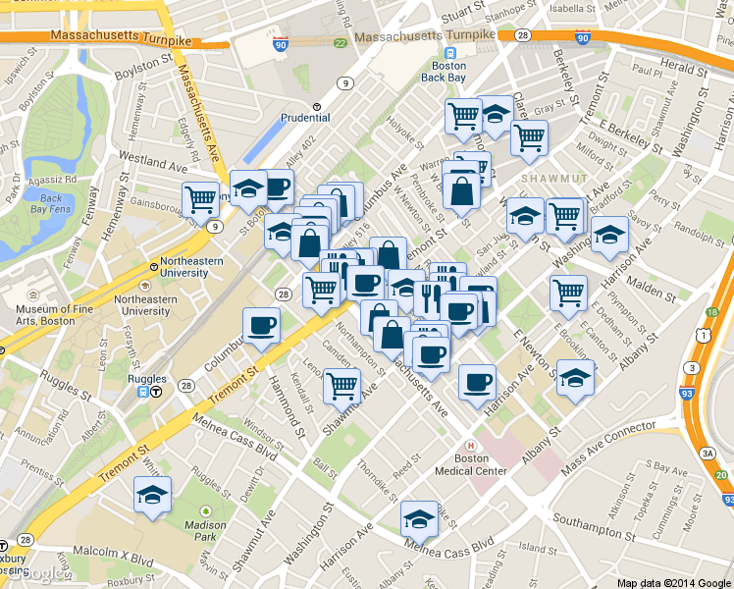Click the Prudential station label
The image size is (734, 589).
click(x=304, y=117)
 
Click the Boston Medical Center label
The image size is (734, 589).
click(x=471, y=464)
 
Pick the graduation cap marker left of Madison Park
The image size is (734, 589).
click(x=152, y=496)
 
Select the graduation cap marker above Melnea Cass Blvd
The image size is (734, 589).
click(x=419, y=519)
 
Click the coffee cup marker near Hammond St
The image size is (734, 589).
click(x=261, y=326)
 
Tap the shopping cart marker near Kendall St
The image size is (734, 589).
click(x=341, y=386)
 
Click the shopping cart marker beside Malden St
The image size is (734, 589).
click(x=568, y=292)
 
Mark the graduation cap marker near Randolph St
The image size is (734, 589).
click(x=609, y=235)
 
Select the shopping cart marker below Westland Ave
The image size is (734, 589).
click(x=200, y=199)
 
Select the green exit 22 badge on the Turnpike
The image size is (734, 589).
click(x=340, y=43)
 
